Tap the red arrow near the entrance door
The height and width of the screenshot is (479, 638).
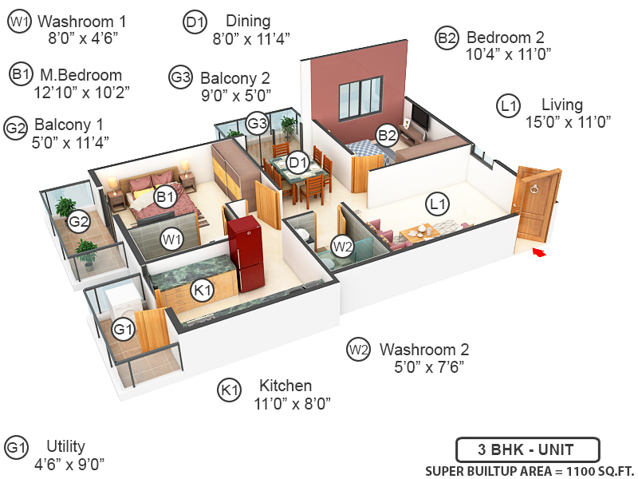tap(540, 253)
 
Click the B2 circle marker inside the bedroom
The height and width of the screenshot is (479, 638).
tap(387, 135)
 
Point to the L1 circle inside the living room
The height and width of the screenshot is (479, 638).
tap(436, 204)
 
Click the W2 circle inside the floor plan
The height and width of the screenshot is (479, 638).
tap(342, 246)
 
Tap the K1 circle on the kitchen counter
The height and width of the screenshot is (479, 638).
tap(203, 291)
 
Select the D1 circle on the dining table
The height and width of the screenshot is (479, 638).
tap(297, 163)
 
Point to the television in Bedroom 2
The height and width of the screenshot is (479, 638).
tap(419, 121)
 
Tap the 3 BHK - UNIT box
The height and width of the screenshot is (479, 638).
tap(527, 449)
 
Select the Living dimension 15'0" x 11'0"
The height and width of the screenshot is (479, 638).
tap(568, 121)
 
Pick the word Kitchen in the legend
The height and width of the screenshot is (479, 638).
tap(286, 386)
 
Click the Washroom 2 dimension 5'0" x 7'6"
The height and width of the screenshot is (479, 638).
tap(429, 366)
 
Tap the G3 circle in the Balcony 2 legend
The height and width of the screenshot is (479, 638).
tap(180, 78)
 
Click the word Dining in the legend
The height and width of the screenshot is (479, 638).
tap(248, 21)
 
